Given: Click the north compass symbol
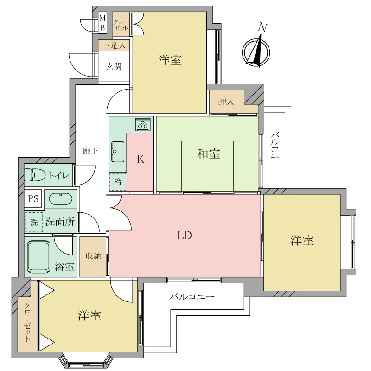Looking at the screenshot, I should (254, 51).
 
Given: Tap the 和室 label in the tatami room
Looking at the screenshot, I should (208, 154).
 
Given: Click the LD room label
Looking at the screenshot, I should (184, 236).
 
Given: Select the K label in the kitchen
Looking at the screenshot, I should (141, 160).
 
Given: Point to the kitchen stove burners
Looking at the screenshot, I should (143, 124).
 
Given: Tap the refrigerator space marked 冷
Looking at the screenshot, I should (117, 182).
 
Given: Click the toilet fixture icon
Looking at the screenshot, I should (34, 175).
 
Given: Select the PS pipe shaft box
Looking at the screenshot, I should (33, 199).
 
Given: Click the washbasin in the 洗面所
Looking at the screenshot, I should (60, 199).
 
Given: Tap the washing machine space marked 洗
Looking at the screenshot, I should (34, 222).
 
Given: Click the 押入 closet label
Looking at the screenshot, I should (226, 102).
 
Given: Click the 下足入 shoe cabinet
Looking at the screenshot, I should (114, 45).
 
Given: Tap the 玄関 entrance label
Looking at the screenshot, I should (114, 66).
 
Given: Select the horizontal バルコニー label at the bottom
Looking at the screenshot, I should (192, 296).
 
